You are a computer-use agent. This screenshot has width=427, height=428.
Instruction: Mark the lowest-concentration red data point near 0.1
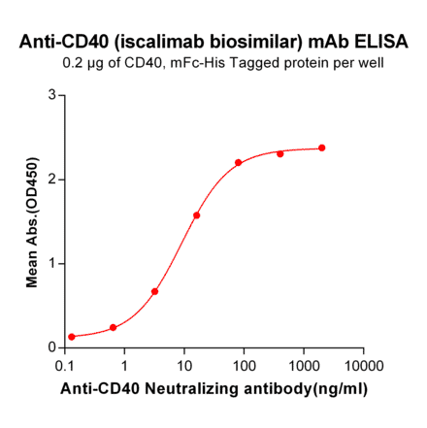72,337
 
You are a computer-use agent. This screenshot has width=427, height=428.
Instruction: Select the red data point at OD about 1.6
196,215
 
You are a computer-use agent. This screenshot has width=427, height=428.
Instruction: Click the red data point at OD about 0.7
154,291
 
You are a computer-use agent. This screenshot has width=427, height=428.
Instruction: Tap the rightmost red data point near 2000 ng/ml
322,148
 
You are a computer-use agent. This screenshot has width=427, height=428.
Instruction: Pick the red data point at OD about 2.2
239,162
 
